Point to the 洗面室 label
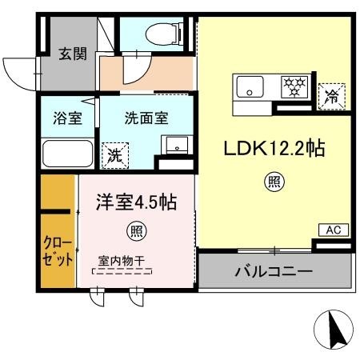click(146, 118)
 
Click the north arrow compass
click(334, 330)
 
